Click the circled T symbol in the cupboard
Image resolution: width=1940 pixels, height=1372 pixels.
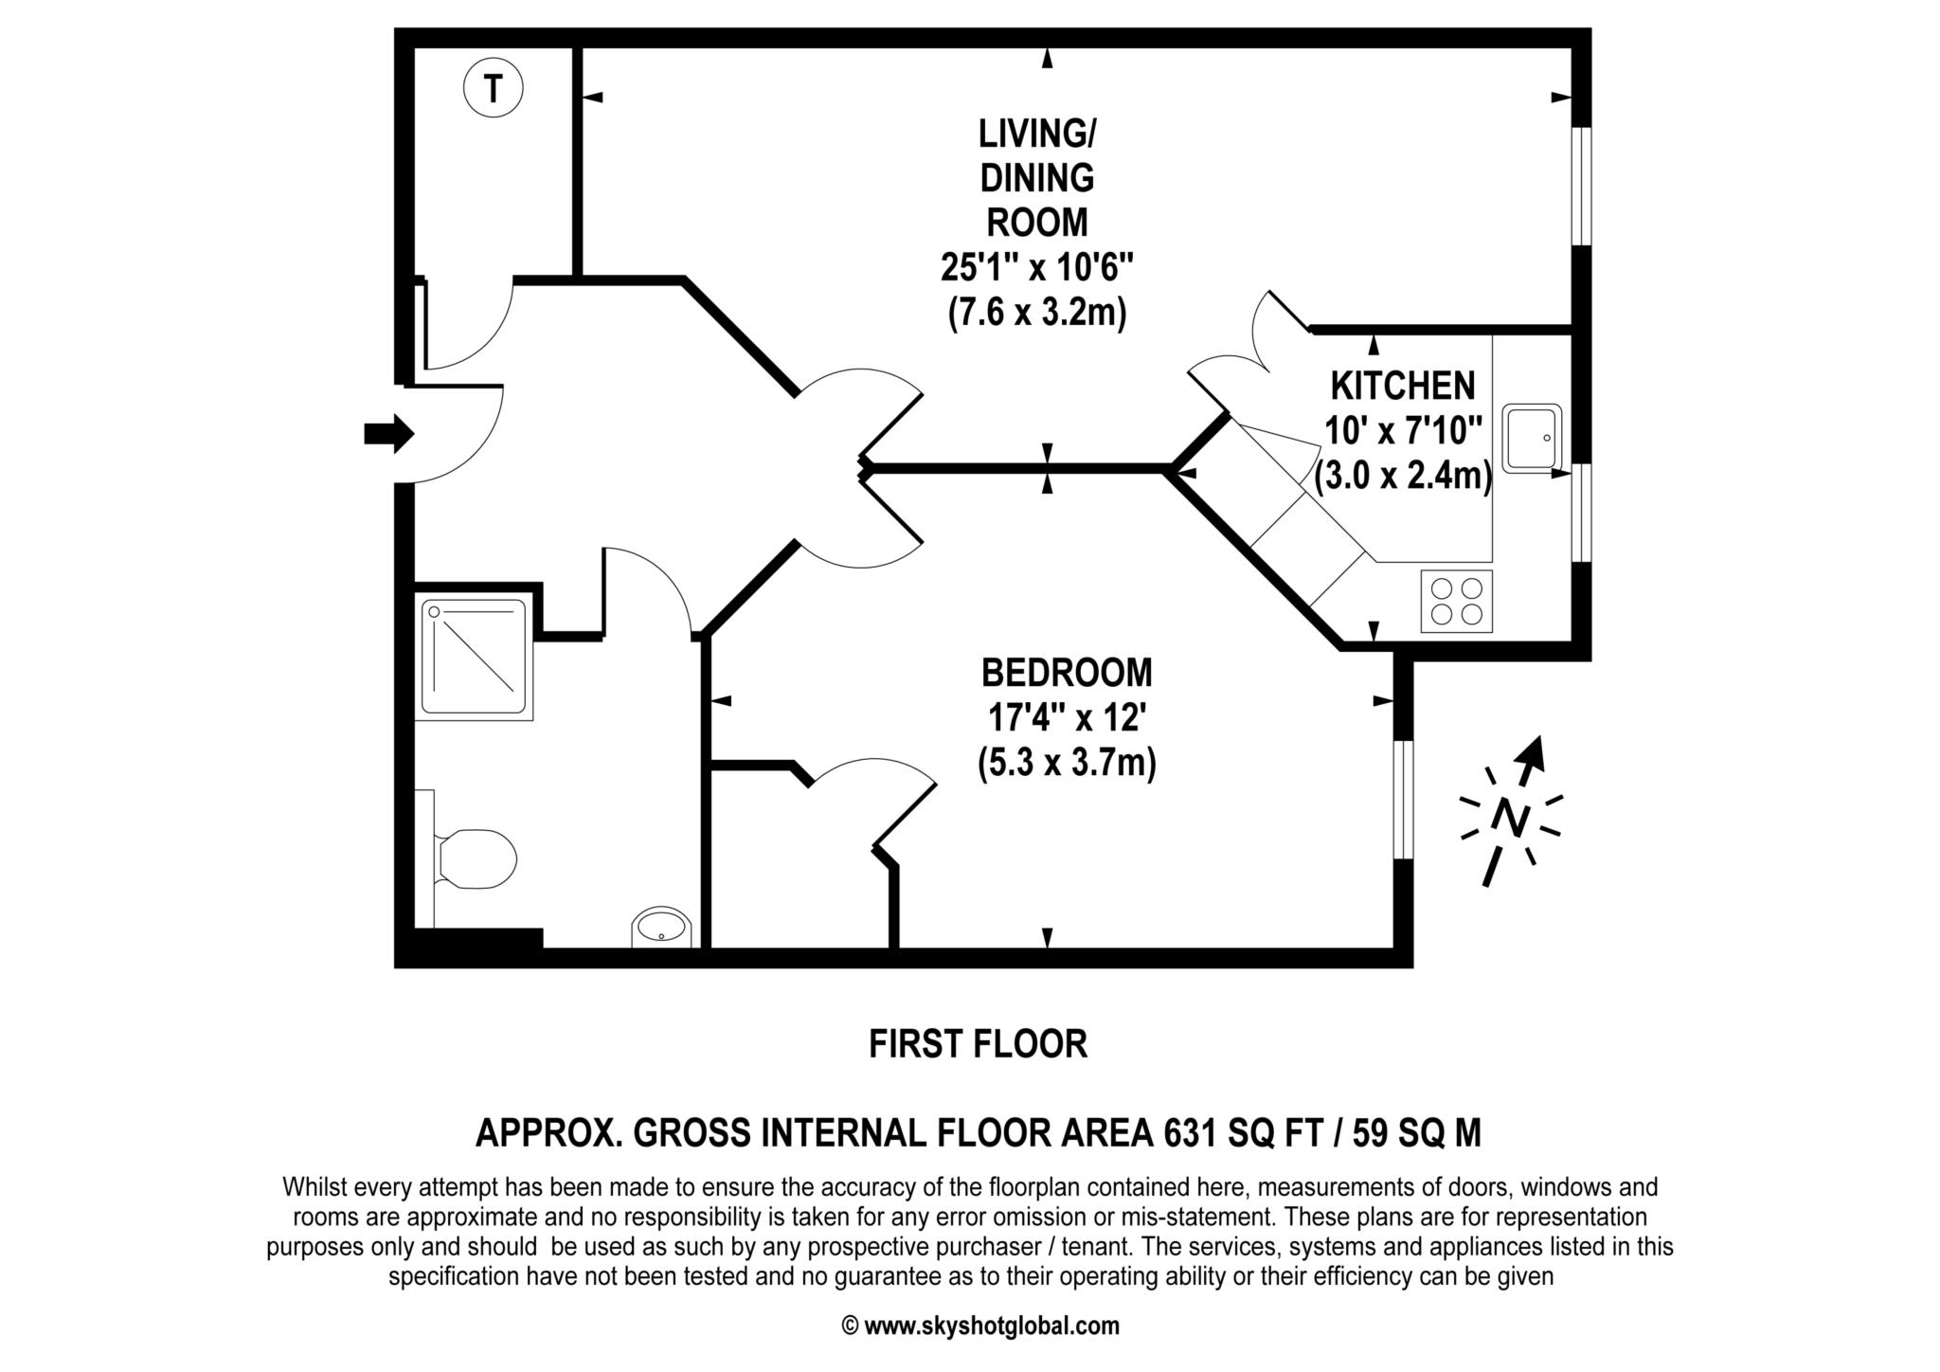pos(493,89)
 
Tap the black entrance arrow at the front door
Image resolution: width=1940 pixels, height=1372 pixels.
pos(389,434)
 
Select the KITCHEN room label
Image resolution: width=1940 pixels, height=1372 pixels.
pos(1403,386)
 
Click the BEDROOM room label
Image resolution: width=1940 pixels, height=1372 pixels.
pos(1067,672)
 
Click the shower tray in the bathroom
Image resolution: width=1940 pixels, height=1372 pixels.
pos(474,656)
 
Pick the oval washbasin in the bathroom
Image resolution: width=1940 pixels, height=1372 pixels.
pos(661,927)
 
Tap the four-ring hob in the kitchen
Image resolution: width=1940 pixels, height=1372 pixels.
pos(1456,601)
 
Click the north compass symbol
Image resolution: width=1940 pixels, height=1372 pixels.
pos(1512,811)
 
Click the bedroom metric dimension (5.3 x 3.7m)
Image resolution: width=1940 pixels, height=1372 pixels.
pos(1067,763)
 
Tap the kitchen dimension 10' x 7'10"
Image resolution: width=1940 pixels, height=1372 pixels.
pos(1403,431)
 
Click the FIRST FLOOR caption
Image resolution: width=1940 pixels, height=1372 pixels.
pos(979,1044)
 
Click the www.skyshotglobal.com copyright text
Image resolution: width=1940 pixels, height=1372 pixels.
pos(980,1326)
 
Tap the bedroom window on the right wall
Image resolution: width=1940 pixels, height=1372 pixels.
pos(1404,800)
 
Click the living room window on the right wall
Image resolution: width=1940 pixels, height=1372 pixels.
pos(1582,187)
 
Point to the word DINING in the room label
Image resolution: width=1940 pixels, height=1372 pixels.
pos(1037,177)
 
